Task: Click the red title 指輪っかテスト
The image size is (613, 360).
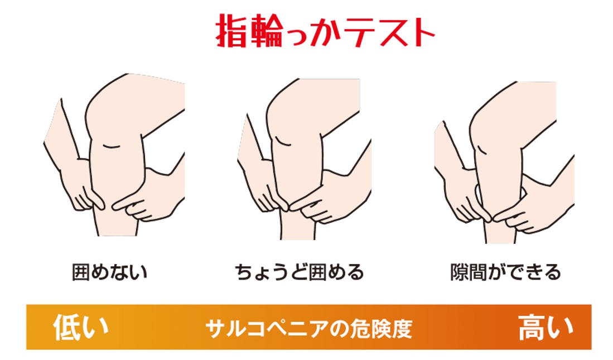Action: [x=325, y=31]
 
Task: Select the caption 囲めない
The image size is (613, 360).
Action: [x=109, y=272]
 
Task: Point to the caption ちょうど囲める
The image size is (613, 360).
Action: [x=300, y=272]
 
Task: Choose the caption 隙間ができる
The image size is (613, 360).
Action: [x=505, y=272]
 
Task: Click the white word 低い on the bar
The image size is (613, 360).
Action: [x=80, y=327]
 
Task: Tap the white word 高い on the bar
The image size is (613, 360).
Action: [x=546, y=327]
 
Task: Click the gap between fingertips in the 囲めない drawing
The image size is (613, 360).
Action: [x=108, y=205]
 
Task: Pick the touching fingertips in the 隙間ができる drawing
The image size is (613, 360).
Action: [x=491, y=217]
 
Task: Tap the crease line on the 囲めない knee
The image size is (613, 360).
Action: [x=111, y=146]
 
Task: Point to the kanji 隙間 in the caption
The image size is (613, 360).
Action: [x=468, y=272]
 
